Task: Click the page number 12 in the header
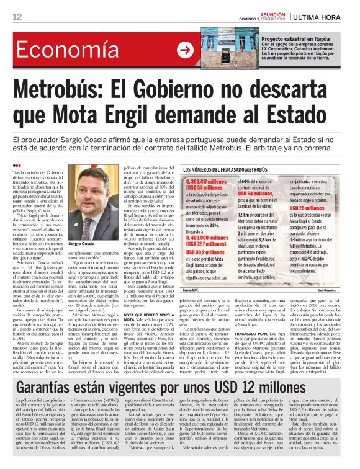tap(16, 16)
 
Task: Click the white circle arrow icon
tap(184, 50)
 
